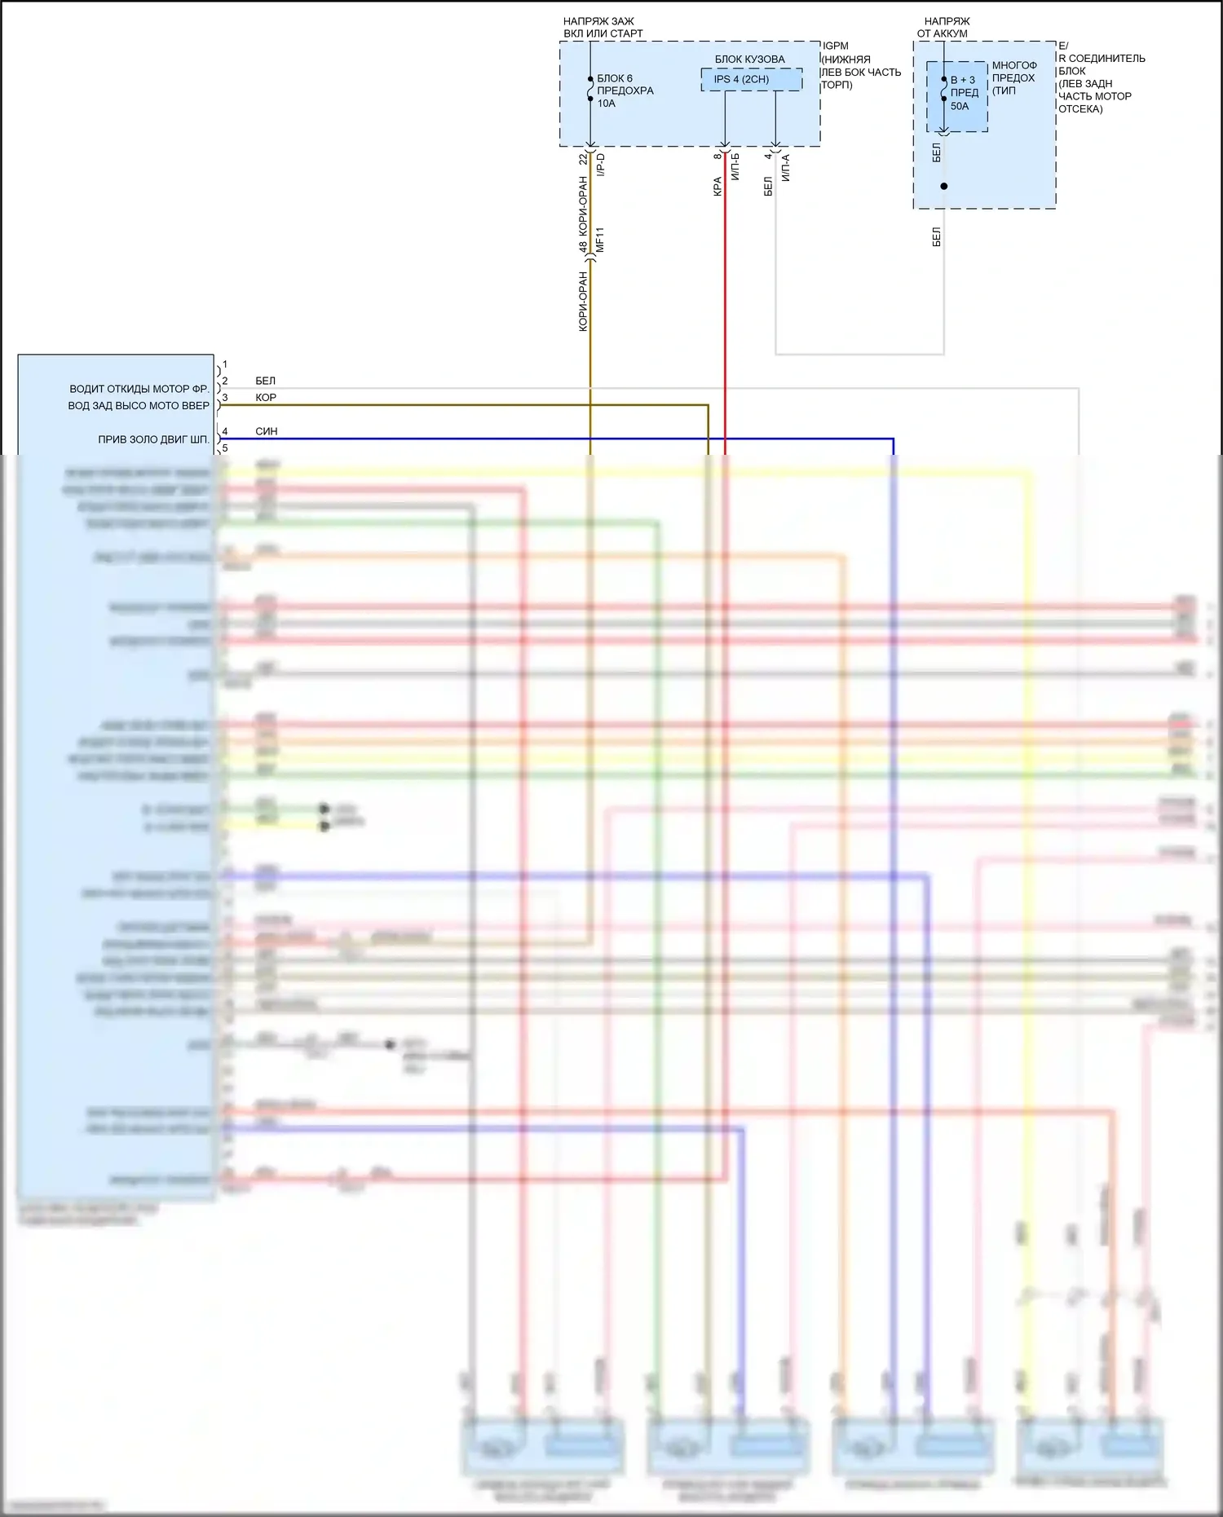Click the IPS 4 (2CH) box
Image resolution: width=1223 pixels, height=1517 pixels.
(741, 79)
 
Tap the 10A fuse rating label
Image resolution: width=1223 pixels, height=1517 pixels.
(606, 104)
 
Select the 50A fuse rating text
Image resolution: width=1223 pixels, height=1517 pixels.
(960, 106)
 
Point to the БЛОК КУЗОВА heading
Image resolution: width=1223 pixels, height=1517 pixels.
(749, 60)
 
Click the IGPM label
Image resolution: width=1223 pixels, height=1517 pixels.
(836, 46)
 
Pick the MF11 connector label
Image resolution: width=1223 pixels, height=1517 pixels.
(600, 239)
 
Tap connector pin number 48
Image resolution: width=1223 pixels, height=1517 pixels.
(583, 246)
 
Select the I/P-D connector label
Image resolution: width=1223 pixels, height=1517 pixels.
(601, 165)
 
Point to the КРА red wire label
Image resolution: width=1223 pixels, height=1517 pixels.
(717, 187)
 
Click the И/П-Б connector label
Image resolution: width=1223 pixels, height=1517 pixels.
(735, 166)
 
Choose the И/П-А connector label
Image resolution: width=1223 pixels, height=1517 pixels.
(786, 168)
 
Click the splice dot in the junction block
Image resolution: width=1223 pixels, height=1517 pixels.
(944, 187)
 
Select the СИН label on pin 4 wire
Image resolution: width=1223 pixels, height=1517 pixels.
(267, 431)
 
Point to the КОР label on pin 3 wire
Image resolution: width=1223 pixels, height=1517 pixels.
(266, 398)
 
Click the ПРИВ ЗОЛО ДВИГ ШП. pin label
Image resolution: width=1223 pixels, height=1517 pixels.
(153, 439)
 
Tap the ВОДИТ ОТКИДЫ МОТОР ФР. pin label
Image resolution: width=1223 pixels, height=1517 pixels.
(139, 389)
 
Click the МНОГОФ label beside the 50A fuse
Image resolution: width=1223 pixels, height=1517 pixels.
(1014, 66)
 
